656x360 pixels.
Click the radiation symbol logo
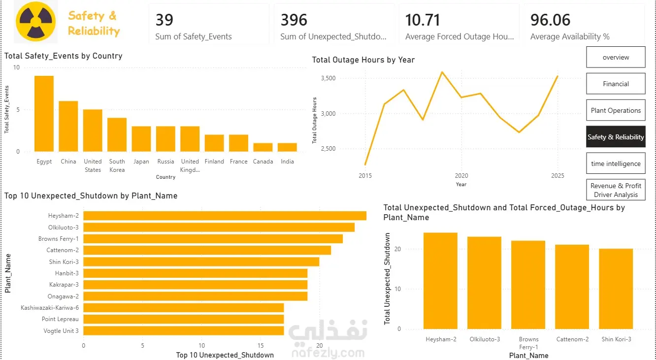36,21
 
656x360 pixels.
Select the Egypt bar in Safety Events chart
44,114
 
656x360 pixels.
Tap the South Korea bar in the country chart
117,135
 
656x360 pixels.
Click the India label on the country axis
287,162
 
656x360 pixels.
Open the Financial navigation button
616,84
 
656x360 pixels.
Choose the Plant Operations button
616,110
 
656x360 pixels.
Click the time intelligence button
616,164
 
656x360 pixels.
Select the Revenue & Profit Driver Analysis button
616,190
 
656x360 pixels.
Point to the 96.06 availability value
550,20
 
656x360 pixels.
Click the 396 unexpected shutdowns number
294,20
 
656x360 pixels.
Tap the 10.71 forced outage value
422,20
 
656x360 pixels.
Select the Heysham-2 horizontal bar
225,216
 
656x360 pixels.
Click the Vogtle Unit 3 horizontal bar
184,331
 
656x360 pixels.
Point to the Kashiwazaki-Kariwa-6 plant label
49,308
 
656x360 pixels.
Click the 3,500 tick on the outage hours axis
328,78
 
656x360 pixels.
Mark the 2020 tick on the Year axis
461,175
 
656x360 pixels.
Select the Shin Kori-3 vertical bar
616,289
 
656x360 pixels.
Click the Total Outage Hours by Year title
363,60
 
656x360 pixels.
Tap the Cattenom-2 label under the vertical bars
572,339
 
